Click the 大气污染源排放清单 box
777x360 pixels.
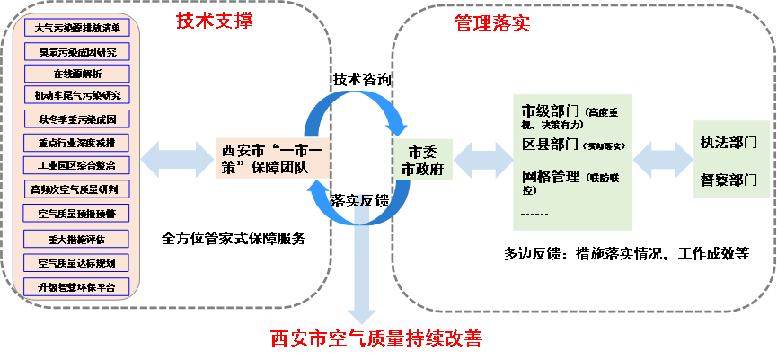point(76,28)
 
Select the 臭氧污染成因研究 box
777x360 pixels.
point(76,51)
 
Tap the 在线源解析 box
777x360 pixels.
point(76,73)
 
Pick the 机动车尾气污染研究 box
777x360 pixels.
point(76,95)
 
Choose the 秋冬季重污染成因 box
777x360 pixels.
point(76,119)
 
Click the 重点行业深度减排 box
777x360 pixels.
point(76,142)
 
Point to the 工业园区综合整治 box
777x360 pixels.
point(76,165)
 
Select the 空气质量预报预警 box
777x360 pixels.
point(76,213)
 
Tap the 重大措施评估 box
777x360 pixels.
point(76,239)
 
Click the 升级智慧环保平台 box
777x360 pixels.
point(76,287)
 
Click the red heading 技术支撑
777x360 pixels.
point(214,20)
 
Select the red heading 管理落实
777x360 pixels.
point(492,23)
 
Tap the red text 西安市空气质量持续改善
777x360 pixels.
point(376,339)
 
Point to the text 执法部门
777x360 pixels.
point(729,144)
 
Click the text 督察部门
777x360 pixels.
point(729,180)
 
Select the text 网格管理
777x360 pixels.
point(551,176)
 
